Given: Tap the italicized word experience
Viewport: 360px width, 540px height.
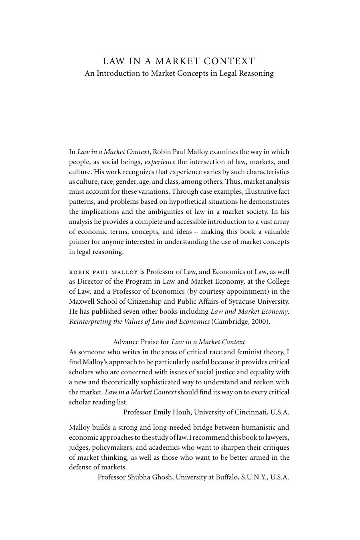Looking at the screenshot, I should pos(160,162).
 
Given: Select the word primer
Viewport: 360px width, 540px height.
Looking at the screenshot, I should pos(79,242).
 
